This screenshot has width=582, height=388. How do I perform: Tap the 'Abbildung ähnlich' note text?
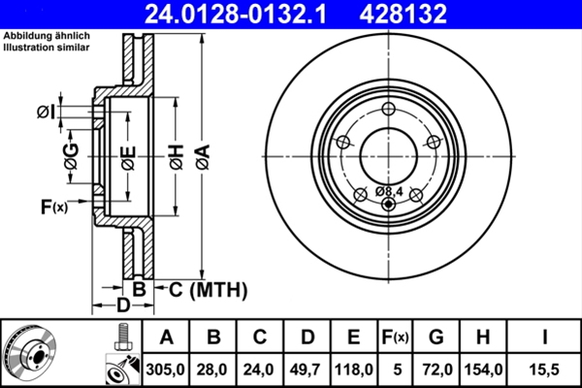pos(38,36)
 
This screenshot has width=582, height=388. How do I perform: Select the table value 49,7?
pos(307,369)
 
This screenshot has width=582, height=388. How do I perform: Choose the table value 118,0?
pos(355,369)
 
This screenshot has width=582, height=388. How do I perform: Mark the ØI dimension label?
pos(46,113)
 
